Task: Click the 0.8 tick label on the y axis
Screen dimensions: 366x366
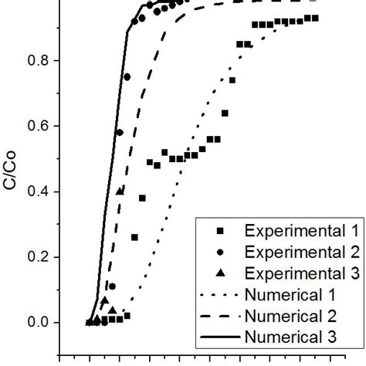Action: click(37, 60)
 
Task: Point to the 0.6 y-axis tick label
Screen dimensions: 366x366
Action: click(37, 126)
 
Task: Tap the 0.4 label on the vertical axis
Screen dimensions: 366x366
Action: click(37, 191)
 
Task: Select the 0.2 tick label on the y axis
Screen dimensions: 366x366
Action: click(37, 257)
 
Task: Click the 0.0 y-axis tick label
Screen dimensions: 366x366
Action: click(37, 323)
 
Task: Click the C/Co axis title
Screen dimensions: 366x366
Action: click(11, 191)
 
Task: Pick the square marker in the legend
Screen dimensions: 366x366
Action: click(221, 231)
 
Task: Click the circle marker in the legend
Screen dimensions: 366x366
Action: click(221, 252)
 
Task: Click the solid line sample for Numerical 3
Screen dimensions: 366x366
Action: click(221, 336)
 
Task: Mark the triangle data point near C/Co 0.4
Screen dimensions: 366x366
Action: click(120, 191)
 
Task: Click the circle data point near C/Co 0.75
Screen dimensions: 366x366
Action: click(127, 76)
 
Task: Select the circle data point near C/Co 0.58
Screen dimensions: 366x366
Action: click(119, 132)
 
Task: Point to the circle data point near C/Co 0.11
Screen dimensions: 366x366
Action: click(112, 286)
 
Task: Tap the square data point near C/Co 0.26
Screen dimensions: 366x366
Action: click(134, 237)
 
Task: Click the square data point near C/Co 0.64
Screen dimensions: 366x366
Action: click(225, 113)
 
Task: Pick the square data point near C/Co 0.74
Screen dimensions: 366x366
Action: click(232, 80)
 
